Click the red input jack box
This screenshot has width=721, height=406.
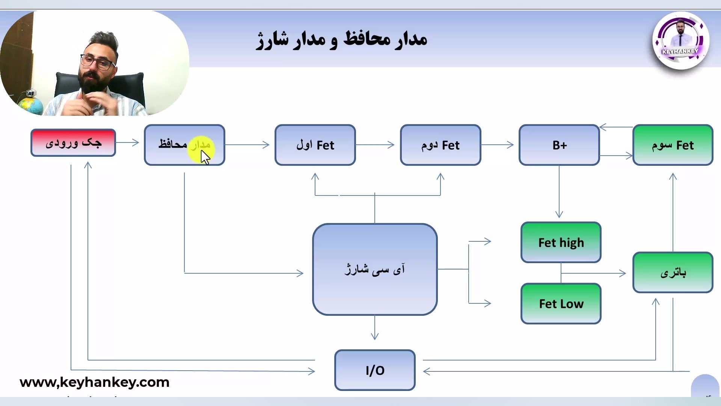[x=73, y=142]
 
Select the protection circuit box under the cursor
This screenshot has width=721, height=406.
[x=184, y=145]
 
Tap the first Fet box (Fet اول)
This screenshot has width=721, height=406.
[x=315, y=145]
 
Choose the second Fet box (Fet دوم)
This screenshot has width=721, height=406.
[x=440, y=145]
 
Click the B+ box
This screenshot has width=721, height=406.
[x=559, y=145]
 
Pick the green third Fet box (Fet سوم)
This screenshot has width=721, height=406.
[x=673, y=145]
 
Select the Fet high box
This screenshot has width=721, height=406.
[x=561, y=242]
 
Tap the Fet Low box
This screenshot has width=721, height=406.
[x=561, y=304]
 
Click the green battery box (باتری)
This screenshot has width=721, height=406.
[x=673, y=273]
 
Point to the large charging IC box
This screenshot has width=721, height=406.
[x=375, y=269]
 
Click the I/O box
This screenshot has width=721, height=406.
[x=375, y=370]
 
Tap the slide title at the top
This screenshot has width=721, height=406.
[x=342, y=39]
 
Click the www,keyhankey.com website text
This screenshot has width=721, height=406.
[x=95, y=382]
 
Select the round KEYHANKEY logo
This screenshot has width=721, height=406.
[x=681, y=41]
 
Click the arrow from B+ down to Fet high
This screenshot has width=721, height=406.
[x=559, y=192]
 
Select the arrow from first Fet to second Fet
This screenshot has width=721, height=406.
[x=375, y=145]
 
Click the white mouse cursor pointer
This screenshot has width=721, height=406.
[x=205, y=157]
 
